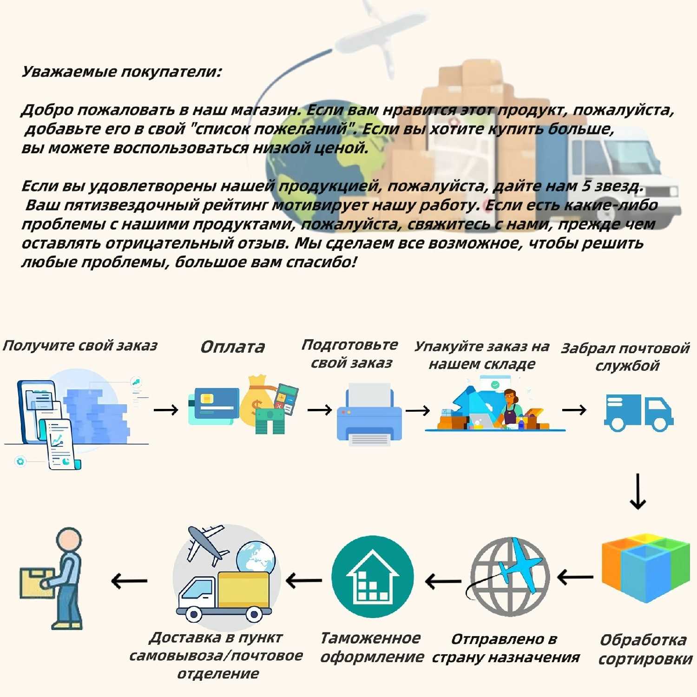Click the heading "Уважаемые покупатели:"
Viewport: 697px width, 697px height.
122,72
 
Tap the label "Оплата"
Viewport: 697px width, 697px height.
232,347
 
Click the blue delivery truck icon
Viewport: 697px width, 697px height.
638,413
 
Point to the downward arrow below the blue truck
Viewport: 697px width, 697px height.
638,491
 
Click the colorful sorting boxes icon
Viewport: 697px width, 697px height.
646,568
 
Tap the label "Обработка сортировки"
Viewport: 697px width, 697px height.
645,649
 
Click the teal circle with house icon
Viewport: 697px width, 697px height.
373,576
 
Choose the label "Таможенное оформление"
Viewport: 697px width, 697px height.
372,647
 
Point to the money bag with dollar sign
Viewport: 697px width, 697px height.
256,402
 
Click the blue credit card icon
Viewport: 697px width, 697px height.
214,406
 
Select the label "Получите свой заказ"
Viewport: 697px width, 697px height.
80,346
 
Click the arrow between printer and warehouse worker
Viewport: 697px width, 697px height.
418,410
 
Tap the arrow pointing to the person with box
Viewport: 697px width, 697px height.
129,581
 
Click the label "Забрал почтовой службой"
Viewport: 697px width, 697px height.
625,357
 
